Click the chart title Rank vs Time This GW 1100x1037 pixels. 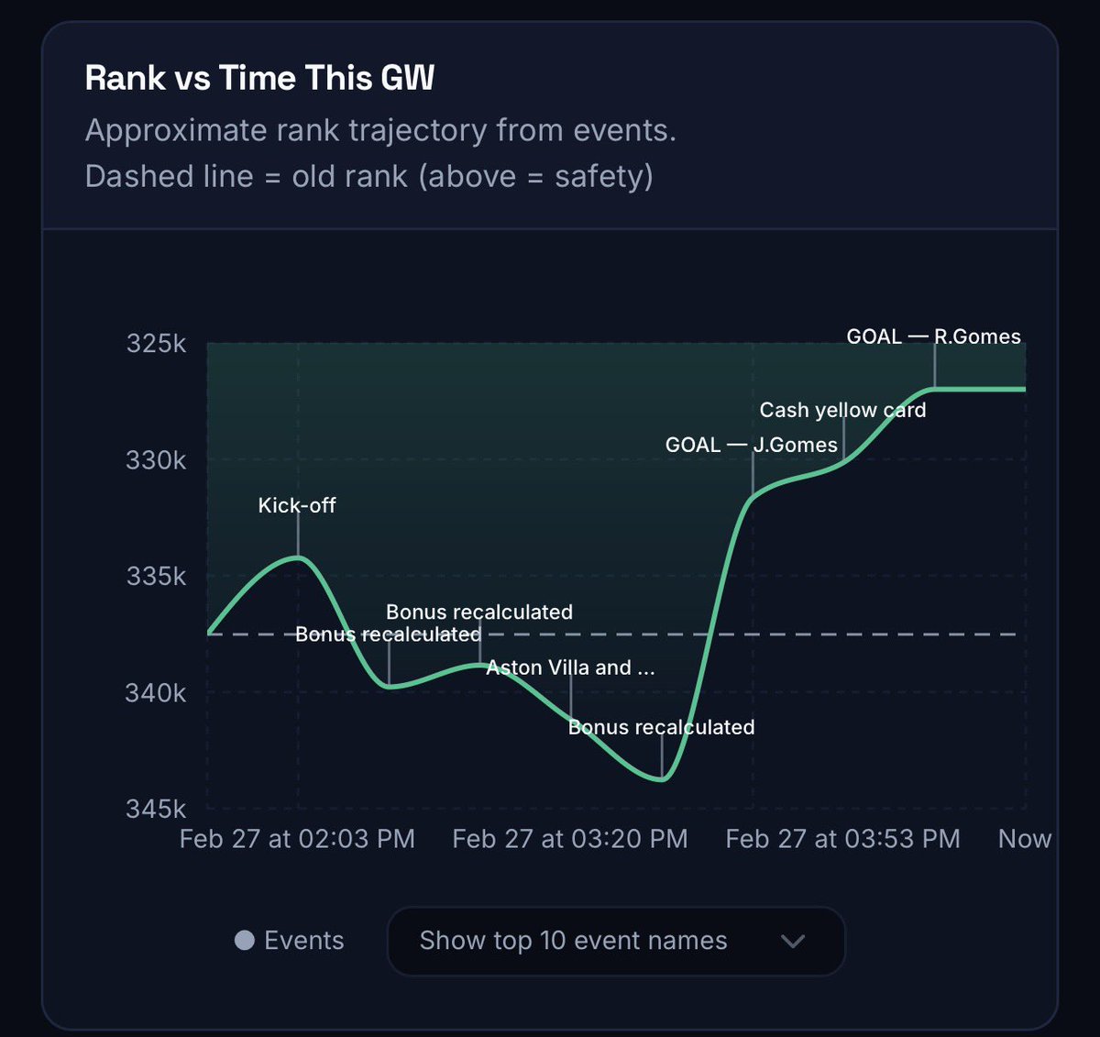coord(259,79)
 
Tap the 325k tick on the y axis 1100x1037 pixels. coord(156,344)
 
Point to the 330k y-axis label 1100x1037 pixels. coord(156,460)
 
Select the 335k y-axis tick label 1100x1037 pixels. coord(156,577)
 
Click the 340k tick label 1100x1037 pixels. coord(156,693)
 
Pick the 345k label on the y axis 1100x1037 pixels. coord(156,810)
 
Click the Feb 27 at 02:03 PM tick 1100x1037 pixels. coord(297,839)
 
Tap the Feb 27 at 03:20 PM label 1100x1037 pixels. coord(570,839)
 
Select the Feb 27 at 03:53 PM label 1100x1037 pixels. coord(843,839)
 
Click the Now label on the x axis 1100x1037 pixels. coord(1025,839)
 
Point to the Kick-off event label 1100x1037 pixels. coord(297,505)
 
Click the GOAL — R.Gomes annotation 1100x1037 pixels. coord(933,336)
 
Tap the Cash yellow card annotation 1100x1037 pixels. coord(842,410)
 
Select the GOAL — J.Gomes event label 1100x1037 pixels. coord(752,445)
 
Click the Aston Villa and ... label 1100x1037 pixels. coord(570,667)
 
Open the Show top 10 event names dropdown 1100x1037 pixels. coord(615,941)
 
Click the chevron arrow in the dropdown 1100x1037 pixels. coord(793,941)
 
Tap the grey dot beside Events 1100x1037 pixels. coord(245,941)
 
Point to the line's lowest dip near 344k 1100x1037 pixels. coord(661,779)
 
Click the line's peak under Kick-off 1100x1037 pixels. coord(298,557)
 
